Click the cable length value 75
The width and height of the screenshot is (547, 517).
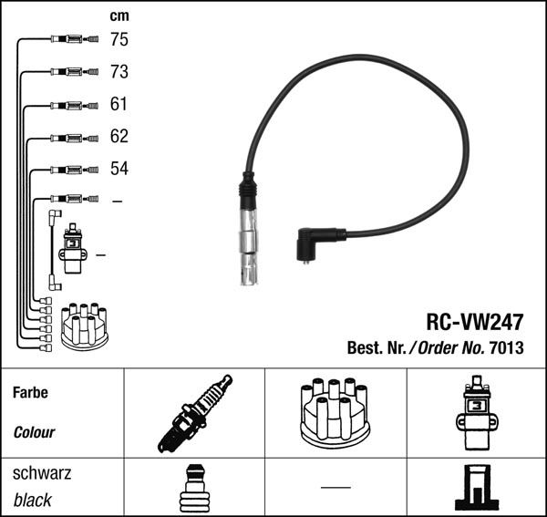(x=119, y=39)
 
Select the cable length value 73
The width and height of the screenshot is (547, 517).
(x=119, y=72)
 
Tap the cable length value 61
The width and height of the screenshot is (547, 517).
(x=119, y=104)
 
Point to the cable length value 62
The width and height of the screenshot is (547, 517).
(x=119, y=137)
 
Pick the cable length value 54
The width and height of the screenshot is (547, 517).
(x=119, y=170)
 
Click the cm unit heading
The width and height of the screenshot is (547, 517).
(x=119, y=16)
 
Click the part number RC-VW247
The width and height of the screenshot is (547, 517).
(x=476, y=322)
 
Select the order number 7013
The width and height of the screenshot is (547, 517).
(x=507, y=348)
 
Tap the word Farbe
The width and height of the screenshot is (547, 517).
(x=30, y=393)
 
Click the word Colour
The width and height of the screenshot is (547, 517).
(x=34, y=432)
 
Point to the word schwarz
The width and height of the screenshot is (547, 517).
(x=42, y=474)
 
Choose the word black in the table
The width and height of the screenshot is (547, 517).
(x=33, y=500)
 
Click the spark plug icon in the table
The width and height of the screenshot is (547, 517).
(x=193, y=415)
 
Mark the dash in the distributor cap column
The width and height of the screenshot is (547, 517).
(x=335, y=487)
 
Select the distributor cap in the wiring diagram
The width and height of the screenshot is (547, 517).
(x=83, y=327)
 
